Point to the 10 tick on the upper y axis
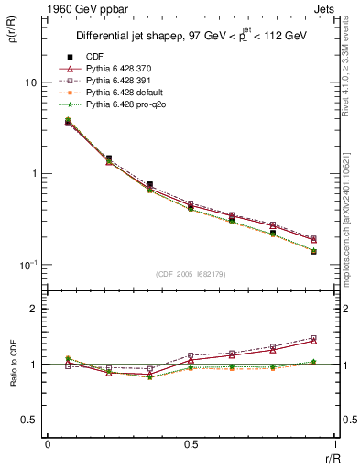[30, 82]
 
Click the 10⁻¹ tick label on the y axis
[27, 265]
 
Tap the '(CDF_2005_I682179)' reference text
[191, 274]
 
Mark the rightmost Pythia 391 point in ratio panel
[313, 338]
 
